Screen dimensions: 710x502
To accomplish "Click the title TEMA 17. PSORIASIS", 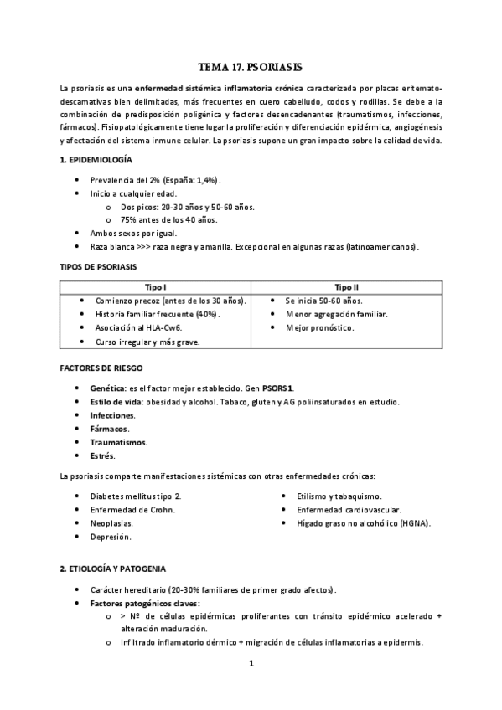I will click(x=251, y=66).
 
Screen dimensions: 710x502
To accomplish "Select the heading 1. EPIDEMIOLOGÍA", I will click(x=95, y=159).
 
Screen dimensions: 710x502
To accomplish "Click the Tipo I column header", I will click(x=155, y=286).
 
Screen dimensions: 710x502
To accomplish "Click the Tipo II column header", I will click(x=346, y=286).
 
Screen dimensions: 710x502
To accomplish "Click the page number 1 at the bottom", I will click(x=251, y=665).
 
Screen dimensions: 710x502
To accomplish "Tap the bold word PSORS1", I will click(x=277, y=388).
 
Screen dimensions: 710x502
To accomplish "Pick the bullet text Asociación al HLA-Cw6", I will click(x=138, y=327).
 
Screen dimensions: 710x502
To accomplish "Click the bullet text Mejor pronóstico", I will click(x=319, y=327).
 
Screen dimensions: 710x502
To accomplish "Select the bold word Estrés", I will click(x=102, y=455).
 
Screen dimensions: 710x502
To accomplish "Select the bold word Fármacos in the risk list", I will click(x=109, y=429).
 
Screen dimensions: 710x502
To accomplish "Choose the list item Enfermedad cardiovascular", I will click(x=349, y=509).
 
